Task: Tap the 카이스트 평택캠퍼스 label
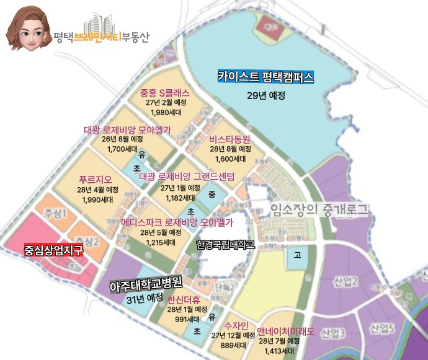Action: [265, 77]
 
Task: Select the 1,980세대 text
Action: [164, 112]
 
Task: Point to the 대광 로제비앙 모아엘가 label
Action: [127, 130]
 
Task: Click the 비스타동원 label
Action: [230, 139]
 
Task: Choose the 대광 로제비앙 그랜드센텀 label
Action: [187, 177]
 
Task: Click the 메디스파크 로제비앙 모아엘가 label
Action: [177, 222]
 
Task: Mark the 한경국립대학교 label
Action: [225, 245]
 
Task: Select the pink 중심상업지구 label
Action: [53, 251]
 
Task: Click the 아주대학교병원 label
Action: [145, 286]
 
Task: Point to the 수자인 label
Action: [236, 325]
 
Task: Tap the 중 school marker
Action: [211, 194]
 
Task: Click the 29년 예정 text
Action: [265, 95]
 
